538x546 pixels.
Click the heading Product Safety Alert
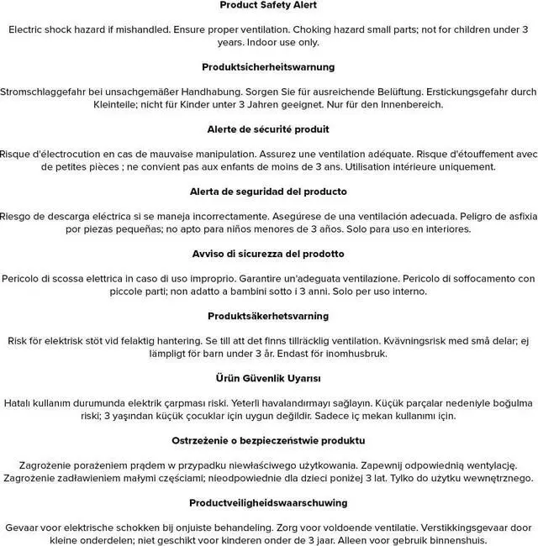pos(268,5)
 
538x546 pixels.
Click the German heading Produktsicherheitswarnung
pos(268,66)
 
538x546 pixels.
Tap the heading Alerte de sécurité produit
pos(268,129)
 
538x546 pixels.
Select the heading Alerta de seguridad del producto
pos(268,192)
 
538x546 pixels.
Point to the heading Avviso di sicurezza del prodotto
pos(268,254)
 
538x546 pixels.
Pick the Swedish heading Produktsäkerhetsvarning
pos(268,317)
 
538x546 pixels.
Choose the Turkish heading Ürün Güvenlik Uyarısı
pos(268,379)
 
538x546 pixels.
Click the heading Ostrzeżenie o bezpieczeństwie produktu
pos(268,441)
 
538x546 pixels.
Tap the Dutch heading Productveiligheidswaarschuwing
pos(268,503)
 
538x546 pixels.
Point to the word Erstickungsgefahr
pos(471,92)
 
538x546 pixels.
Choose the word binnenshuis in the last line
pos(440,540)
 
